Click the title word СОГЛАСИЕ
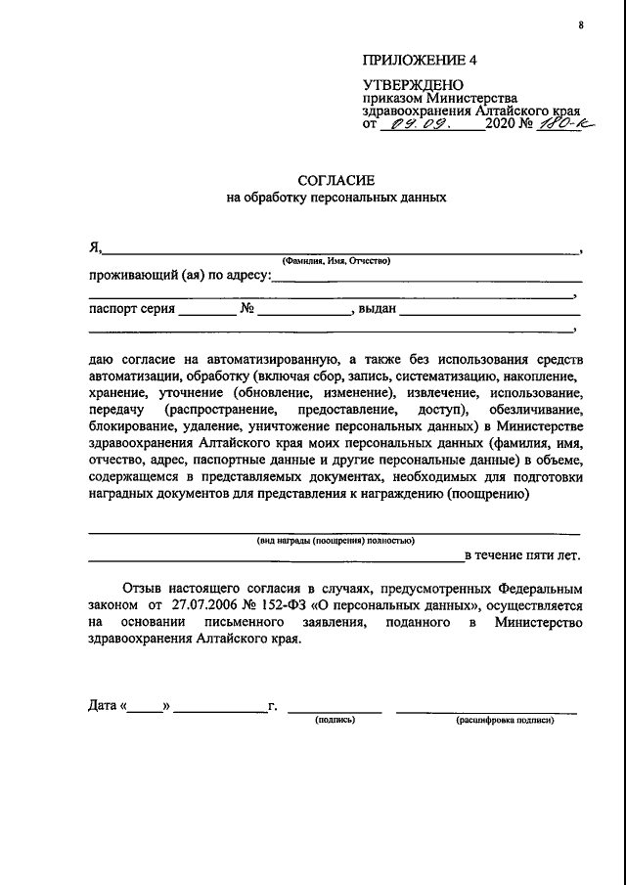[335, 180]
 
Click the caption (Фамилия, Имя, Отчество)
[335, 260]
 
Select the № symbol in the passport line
[246, 310]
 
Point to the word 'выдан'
[377, 310]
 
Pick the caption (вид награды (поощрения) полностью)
[335, 541]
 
